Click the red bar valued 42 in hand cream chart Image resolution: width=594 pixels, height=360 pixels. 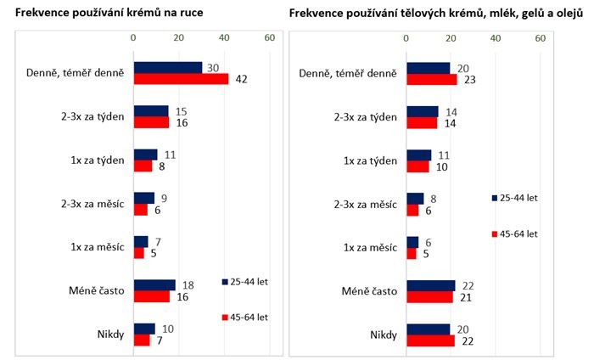[x=181, y=79]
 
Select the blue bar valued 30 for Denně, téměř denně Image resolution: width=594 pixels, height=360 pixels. [x=167, y=68]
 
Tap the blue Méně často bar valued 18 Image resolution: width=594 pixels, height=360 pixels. [x=154, y=285]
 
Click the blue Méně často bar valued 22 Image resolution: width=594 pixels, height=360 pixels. [x=431, y=285]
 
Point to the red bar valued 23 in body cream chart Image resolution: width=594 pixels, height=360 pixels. [x=432, y=79]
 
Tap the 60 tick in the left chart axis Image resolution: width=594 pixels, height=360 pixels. [x=268, y=37]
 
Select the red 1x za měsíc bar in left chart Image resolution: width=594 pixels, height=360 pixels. [x=139, y=252]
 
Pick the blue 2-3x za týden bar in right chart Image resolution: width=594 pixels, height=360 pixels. [x=422, y=111]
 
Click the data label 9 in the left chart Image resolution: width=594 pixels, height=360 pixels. [x=163, y=199]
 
